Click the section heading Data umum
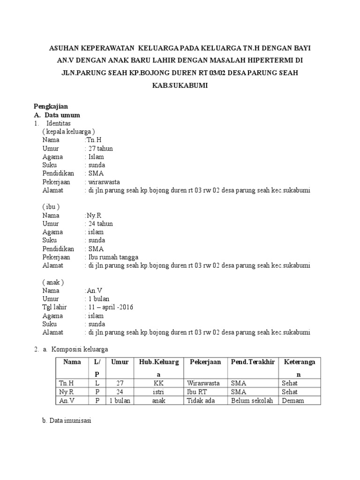tap(62, 115)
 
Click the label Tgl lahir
tap(54, 307)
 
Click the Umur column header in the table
tap(120, 362)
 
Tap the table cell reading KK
tap(159, 383)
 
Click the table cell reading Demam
tap(293, 401)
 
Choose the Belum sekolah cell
tap(252, 401)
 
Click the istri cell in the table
tap(159, 392)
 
